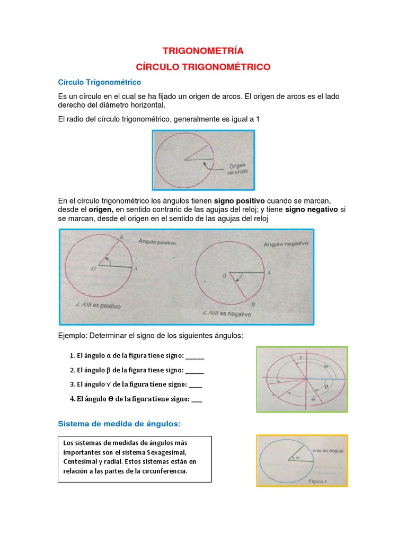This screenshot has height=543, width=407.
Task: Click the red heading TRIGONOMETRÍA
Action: point(203,51)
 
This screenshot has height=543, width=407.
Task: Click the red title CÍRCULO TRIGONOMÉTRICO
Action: point(203,67)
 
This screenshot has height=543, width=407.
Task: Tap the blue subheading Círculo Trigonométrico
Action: point(99,82)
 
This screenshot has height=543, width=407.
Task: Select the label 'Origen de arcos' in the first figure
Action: point(238,169)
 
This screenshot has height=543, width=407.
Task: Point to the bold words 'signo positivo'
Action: point(239,201)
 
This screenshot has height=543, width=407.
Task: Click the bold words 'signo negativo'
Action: point(312,209)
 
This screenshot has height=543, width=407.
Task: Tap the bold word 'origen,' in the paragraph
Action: point(101,209)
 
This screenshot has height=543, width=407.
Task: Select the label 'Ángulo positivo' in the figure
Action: point(157,242)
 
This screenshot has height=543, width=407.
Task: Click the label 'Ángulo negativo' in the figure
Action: point(286,244)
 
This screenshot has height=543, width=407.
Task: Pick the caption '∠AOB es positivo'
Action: point(98,305)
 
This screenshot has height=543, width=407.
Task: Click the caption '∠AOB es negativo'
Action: point(227,313)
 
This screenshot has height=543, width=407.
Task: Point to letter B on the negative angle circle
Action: point(253,304)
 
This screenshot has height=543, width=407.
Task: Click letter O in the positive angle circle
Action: point(93,269)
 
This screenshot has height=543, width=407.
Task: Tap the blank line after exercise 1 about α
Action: point(194,359)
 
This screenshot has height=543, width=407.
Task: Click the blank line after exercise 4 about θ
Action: point(197,402)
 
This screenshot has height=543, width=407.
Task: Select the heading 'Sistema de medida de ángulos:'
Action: point(119,424)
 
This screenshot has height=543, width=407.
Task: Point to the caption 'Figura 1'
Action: point(318,481)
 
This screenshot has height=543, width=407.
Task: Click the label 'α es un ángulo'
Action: point(328,451)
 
